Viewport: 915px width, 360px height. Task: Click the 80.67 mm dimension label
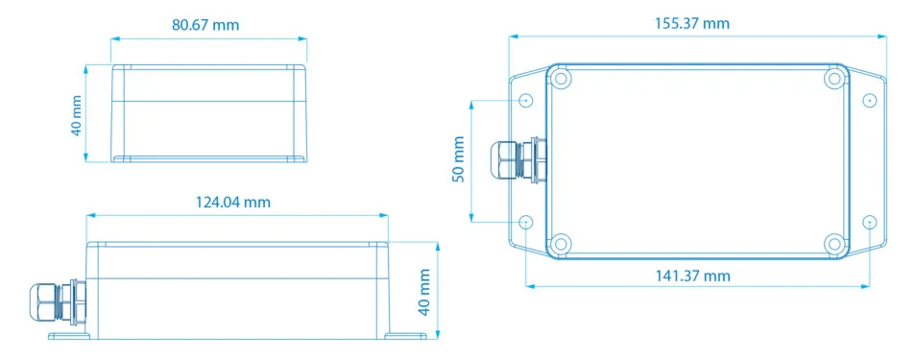(205, 25)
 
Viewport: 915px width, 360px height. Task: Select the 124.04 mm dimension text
(233, 202)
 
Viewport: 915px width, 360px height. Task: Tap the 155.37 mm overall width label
(692, 23)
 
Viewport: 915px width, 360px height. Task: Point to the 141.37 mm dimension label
(692, 276)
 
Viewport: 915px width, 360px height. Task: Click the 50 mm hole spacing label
(459, 159)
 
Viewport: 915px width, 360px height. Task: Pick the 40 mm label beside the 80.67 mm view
(76, 115)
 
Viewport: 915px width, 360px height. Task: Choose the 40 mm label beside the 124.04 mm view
(424, 292)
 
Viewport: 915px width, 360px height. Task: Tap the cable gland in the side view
(58, 301)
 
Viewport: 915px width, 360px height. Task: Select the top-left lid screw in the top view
(560, 78)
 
